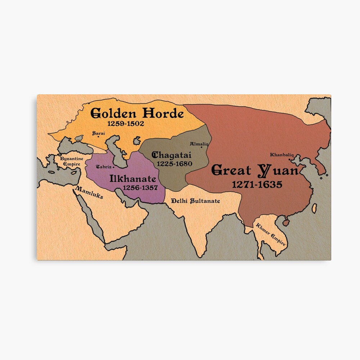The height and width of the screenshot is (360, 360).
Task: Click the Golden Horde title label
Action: tap(137, 113)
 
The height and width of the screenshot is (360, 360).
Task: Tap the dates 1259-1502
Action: tap(126, 123)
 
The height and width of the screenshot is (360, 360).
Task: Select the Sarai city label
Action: tap(99, 133)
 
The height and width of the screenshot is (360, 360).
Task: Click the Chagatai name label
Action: tap(172, 155)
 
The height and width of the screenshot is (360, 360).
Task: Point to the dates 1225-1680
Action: tap(173, 163)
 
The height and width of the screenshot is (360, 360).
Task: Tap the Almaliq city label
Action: tap(199, 144)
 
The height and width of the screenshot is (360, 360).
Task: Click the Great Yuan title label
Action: tap(255, 170)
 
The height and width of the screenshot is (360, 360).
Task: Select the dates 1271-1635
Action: tap(257, 184)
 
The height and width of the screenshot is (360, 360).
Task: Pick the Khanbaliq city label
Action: tap(282, 155)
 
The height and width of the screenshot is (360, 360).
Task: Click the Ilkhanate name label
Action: tap(133, 179)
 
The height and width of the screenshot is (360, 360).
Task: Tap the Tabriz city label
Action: tap(104, 167)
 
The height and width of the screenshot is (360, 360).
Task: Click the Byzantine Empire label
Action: tap(71, 161)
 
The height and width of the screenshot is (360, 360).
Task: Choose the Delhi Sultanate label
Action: tap(195, 201)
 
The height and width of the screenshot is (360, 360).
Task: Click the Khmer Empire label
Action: tap(271, 234)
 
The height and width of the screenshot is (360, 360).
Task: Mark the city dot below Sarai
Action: tap(98, 137)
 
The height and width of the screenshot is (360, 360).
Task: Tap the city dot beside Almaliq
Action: tap(207, 146)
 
